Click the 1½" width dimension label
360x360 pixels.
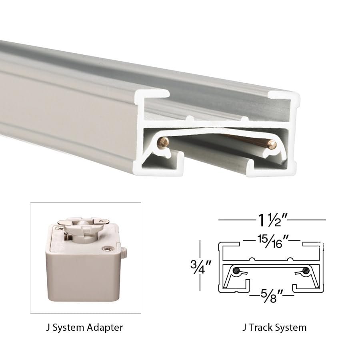pos(272,220)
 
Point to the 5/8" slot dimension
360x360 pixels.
pos(270,298)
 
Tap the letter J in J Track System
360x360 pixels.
pos(244,328)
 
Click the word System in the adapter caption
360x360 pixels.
pos(68,328)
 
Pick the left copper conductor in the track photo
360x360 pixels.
pos(164,141)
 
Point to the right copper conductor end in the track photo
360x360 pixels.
pos(272,144)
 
